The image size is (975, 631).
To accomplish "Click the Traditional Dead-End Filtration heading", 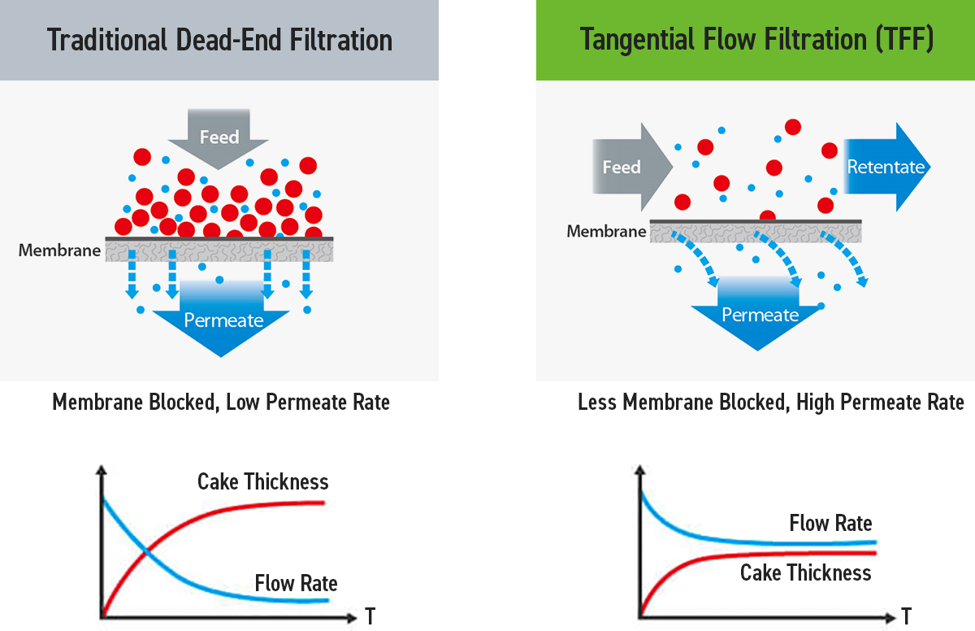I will [x=219, y=40].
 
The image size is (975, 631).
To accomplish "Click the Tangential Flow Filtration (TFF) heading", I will [x=756, y=40].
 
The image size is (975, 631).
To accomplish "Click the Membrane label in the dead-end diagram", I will [x=59, y=250].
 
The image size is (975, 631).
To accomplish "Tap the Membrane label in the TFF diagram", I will [x=607, y=232].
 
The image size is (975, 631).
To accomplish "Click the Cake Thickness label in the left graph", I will [x=262, y=482].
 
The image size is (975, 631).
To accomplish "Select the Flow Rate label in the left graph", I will [x=296, y=583].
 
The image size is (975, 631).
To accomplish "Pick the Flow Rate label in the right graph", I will [x=830, y=523].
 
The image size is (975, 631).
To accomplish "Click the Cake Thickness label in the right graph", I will [x=805, y=572].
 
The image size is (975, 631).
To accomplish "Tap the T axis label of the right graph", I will [x=906, y=613].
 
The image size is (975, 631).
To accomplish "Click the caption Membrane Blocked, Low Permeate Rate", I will [x=221, y=402].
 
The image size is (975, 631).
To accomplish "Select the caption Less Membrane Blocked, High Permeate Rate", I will [x=770, y=402].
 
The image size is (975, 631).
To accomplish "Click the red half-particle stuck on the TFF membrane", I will [x=767, y=217].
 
